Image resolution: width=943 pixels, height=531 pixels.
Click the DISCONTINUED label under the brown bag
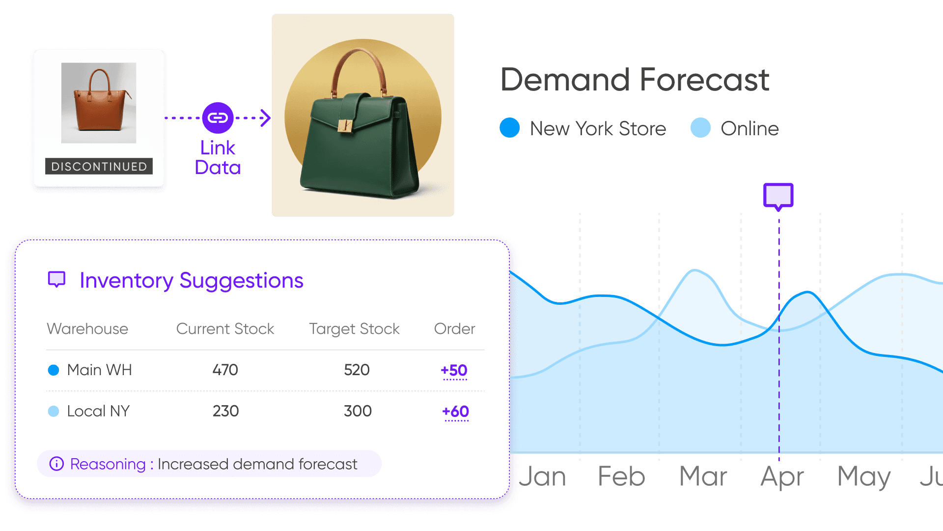99,166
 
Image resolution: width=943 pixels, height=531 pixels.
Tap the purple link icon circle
218,118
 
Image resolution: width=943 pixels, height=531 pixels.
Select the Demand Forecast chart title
635,80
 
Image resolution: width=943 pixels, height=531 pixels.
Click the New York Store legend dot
509,128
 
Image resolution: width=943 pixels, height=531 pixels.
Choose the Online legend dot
700,128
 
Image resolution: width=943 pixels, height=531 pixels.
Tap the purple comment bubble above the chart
778,196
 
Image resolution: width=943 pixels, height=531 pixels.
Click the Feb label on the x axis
621,476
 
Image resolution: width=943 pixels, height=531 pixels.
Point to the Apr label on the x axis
782,476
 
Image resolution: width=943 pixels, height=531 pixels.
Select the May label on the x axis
864,476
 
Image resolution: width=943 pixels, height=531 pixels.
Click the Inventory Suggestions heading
191,280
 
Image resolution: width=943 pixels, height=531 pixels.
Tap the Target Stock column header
354,328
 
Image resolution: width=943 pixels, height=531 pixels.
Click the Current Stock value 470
225,370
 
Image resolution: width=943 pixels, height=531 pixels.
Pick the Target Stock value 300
358,411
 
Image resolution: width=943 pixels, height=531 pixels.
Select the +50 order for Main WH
454,370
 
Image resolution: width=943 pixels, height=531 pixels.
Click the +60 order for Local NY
455,412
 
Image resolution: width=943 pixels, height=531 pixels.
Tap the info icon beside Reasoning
56,464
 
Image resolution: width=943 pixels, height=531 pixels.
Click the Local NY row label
98,411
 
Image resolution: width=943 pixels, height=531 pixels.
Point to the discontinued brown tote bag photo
99,103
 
